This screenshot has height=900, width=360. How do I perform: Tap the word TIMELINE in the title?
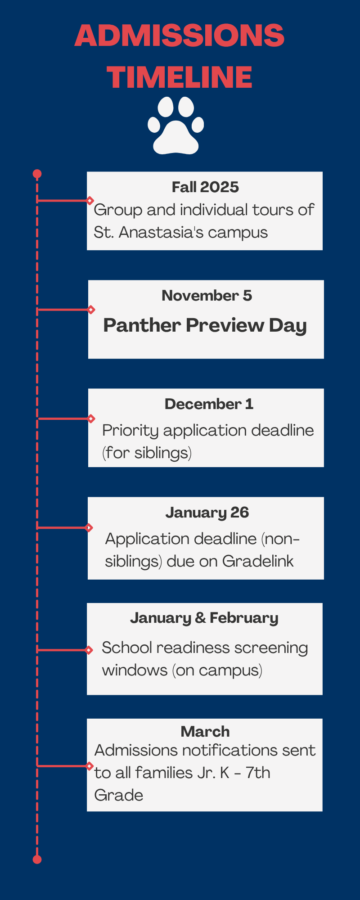coord(180,77)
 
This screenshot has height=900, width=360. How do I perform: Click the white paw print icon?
coord(175,126)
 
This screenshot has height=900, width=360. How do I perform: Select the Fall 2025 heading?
coord(205,187)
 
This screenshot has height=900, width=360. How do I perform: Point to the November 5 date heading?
coord(207,296)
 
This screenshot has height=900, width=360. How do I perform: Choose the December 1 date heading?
coord(209,404)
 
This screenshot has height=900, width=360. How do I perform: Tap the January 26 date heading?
coord(207,513)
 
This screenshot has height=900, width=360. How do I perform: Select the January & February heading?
coord(204,618)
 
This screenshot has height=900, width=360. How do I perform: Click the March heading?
coord(205,732)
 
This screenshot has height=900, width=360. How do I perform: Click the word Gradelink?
coord(258,561)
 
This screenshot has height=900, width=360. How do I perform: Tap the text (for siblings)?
coord(147,453)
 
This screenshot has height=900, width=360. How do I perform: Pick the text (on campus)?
coord(217,670)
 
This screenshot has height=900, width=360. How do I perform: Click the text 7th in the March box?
coord(258,773)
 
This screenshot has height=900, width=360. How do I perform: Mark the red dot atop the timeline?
coord(37,174)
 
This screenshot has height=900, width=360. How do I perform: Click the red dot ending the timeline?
coord(37,859)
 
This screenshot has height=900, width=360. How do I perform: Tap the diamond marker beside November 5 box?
coord(91,310)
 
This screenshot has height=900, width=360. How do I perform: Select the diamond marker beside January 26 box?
coord(89,527)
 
